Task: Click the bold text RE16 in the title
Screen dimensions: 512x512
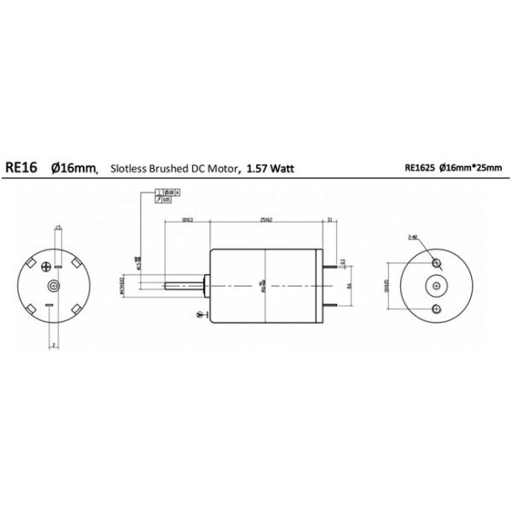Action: point(20,169)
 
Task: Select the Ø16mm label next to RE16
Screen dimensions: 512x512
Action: point(74,169)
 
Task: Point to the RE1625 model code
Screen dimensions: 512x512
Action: point(421,169)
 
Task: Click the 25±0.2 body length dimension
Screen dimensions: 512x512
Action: point(266,220)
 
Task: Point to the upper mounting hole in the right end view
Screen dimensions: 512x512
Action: point(436,264)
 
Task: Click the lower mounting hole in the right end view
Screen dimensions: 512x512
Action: point(436,306)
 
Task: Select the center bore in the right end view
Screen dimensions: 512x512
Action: point(436,285)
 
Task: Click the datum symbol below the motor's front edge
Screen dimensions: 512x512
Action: point(200,315)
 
